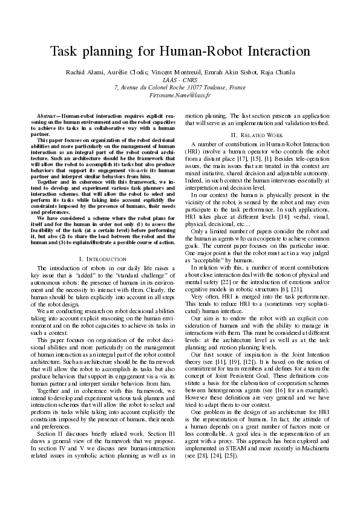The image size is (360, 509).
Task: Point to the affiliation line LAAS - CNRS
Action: [x=180, y=80]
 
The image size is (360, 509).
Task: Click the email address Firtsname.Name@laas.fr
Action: [x=180, y=96]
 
